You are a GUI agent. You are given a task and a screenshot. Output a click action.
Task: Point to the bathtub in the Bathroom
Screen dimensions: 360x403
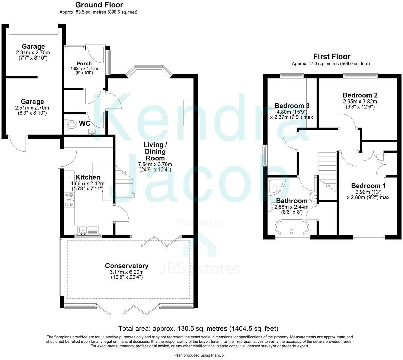click(292, 228)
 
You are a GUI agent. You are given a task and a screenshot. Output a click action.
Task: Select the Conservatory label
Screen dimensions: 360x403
click(127, 266)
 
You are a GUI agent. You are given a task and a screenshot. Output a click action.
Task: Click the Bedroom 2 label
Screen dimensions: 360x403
click(360, 95)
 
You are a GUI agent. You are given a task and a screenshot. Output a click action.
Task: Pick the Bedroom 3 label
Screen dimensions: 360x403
click(292, 105)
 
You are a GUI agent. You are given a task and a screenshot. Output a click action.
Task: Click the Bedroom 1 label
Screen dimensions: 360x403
click(368, 186)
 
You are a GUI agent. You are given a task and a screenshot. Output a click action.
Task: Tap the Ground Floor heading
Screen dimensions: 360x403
click(99, 5)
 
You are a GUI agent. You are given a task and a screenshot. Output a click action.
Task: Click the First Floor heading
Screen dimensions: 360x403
click(332, 57)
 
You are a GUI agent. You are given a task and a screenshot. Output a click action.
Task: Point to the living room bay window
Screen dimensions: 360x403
click(149, 69)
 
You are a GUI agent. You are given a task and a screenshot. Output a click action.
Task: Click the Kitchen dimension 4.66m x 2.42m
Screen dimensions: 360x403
click(88, 183)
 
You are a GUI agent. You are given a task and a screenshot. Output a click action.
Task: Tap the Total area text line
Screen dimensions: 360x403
click(198, 328)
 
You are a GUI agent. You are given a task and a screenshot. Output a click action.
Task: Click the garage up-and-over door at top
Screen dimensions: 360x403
click(32, 28)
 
